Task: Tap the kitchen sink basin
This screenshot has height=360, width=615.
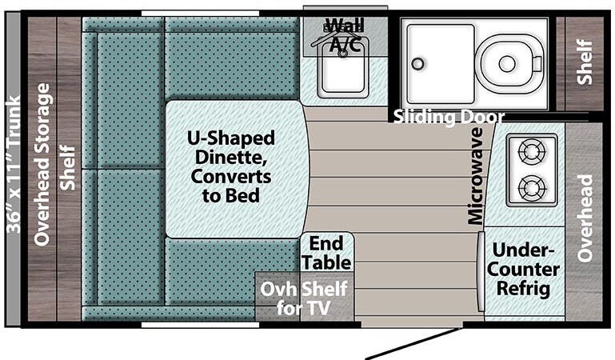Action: pos(343,77)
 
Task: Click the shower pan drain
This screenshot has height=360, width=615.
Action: pos(416,64)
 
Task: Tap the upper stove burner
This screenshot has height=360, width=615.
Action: pos(531,150)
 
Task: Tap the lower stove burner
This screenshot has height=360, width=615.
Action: pos(531,190)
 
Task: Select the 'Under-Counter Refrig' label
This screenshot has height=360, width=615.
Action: pos(525,269)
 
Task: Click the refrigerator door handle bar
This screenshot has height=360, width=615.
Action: pos(481,272)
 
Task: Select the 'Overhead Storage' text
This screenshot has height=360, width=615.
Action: pos(42,164)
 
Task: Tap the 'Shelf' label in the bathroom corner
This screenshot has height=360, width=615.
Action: pos(585,62)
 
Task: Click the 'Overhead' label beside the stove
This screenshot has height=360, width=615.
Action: pos(585,217)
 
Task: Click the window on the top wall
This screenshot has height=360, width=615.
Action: pos(200,13)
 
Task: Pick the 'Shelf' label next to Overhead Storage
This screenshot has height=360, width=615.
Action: pos(69,167)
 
